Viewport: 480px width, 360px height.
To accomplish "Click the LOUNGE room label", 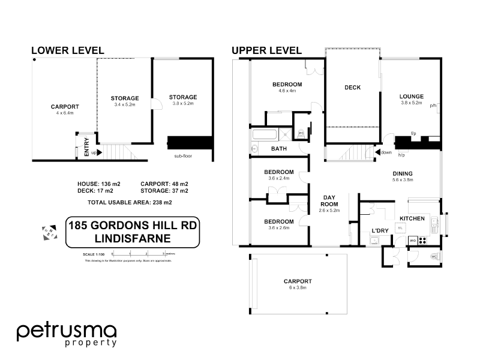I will click(412, 96).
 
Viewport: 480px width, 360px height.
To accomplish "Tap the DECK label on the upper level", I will click(352, 88).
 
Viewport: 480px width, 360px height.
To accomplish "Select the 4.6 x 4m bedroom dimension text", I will click(287, 91).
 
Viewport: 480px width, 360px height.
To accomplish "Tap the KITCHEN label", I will click(412, 218).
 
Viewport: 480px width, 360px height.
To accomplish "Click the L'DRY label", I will click(380, 230).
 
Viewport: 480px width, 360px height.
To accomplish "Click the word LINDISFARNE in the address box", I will click(132, 239).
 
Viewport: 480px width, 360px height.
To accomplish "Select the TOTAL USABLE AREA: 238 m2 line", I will click(130, 203).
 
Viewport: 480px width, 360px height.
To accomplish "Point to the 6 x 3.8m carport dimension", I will click(297, 288).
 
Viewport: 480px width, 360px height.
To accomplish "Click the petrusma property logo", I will click(67, 334).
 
